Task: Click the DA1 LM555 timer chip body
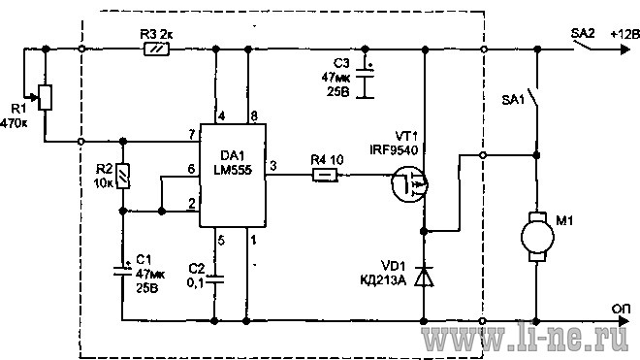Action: pos(233,176)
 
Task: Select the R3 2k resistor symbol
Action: pos(157,49)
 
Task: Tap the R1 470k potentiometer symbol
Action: pos(45,97)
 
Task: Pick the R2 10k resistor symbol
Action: pos(123,176)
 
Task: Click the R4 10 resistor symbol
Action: pos(325,176)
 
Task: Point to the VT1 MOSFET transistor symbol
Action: pos(409,184)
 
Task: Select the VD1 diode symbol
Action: pos(424,277)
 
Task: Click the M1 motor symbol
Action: pos(537,237)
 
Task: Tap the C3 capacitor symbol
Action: pos(365,82)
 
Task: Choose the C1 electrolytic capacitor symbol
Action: pos(122,270)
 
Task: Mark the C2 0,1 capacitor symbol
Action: pos(214,279)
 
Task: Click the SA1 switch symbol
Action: pos(534,98)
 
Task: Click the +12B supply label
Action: pos(624,34)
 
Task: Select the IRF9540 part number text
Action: pos(394,150)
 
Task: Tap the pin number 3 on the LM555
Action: pos(273,166)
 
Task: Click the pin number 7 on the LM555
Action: pos(192,135)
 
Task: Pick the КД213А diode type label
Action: pos(383,280)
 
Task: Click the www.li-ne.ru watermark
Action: pos(526,338)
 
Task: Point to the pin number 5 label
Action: pos(221,241)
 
